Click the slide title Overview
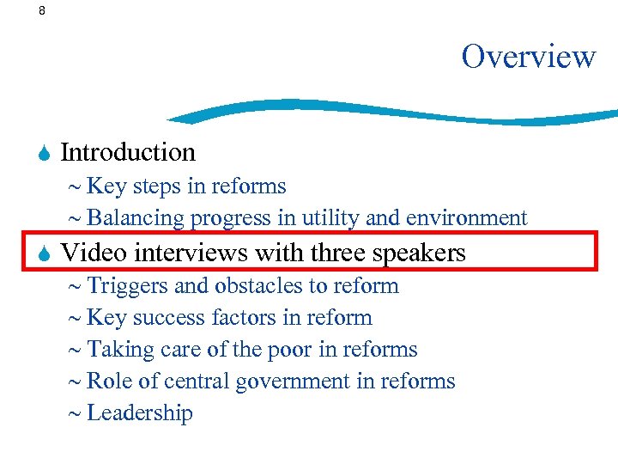(528, 57)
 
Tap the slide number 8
(42, 11)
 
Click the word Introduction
(129, 153)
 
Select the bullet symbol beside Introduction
(45, 154)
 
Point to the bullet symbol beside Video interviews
(45, 253)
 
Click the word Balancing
(136, 218)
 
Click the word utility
(329, 218)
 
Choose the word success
(167, 317)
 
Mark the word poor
(297, 349)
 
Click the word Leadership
(140, 412)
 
